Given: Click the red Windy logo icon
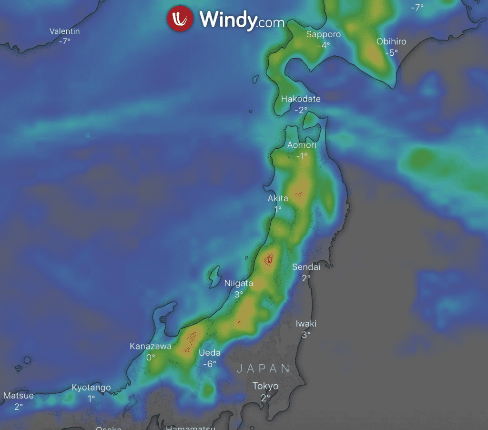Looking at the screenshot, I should click(180, 19).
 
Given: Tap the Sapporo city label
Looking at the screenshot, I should click(324, 34).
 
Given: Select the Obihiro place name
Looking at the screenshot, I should click(391, 41).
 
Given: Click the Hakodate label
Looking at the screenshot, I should click(301, 99).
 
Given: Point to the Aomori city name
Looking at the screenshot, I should click(302, 145).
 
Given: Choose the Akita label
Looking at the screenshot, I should click(278, 198).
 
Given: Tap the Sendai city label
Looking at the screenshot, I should click(306, 267).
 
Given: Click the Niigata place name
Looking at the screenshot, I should click(239, 284).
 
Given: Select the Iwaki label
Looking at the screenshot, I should click(306, 324).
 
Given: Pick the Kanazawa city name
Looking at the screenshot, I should click(151, 347).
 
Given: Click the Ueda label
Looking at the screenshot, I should click(210, 353).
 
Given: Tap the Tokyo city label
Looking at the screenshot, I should click(265, 386).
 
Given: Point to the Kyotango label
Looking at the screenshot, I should click(91, 388).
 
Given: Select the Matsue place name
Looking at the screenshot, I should click(19, 396).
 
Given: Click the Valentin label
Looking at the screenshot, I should click(65, 31).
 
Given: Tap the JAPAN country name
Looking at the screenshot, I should click(264, 369).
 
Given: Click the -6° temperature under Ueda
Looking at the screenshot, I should click(210, 363).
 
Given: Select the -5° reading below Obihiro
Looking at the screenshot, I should click(391, 52).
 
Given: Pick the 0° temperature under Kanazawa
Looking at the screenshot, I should click(151, 357).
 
